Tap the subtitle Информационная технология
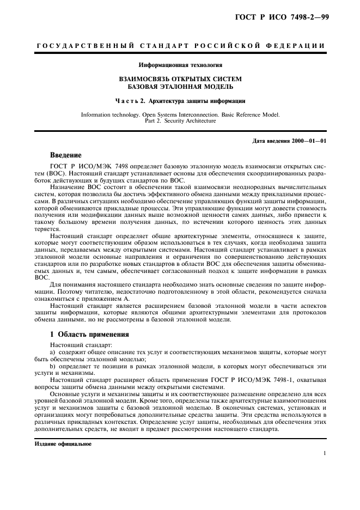(x=180, y=65)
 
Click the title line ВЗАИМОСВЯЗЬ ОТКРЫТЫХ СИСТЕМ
(x=180, y=79)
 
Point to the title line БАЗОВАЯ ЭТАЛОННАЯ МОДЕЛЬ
(x=180, y=87)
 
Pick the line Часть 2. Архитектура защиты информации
(x=180, y=101)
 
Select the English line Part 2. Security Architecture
(x=180, y=121)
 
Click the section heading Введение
(x=66, y=155)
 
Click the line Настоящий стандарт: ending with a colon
(x=74, y=345)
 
